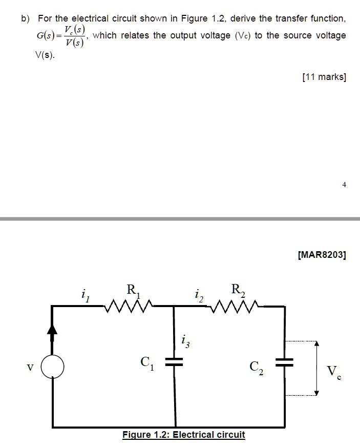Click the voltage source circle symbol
coord(53,367)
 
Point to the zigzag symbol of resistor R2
coord(238,307)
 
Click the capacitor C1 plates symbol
coord(175,362)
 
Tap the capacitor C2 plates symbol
coord(284,362)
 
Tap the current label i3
coord(185,341)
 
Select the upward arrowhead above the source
coord(52,331)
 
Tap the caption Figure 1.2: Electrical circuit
coord(184,435)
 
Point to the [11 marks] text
coord(324,77)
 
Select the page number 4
coord(344,185)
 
